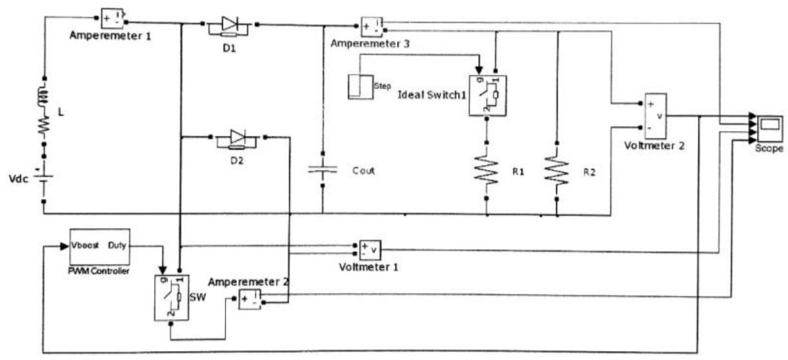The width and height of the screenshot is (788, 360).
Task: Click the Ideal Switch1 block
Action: click(x=488, y=96)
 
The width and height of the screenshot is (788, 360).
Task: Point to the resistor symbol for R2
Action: click(x=556, y=171)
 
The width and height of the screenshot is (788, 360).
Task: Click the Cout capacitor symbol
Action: click(x=321, y=171)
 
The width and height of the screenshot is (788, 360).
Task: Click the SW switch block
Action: click(x=169, y=296)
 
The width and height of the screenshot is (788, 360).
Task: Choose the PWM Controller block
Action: click(x=99, y=247)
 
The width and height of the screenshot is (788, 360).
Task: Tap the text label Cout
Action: click(x=363, y=171)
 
